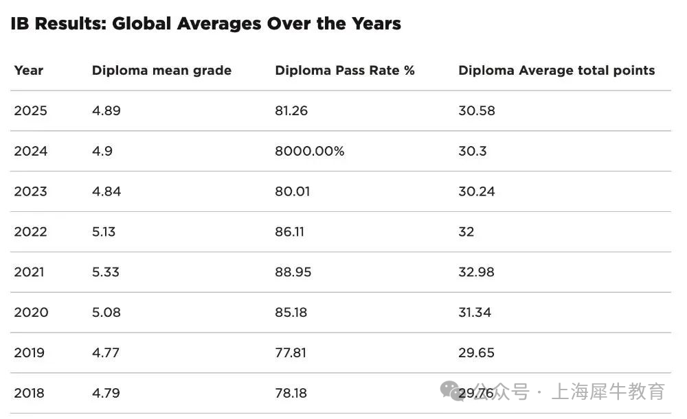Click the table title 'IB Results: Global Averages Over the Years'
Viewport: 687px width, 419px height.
205,24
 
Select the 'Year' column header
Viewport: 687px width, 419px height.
28,71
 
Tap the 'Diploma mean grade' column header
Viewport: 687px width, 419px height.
161,71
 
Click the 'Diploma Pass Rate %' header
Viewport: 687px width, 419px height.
345,71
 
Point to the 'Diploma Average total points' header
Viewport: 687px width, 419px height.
556,71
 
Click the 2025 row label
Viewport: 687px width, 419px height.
31,111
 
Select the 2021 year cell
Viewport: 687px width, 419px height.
29,272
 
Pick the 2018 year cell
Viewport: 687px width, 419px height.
30,393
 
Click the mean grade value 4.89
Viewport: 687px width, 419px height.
106,111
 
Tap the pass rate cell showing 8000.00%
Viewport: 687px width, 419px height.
309,151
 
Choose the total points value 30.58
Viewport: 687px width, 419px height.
476,111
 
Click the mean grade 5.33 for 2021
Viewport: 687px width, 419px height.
105,272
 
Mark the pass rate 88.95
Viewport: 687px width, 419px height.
293,272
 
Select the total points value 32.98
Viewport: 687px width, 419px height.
476,272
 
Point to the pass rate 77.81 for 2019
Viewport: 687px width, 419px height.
291,353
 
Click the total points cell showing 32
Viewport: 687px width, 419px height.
466,232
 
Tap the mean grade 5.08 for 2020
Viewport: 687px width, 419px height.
106,313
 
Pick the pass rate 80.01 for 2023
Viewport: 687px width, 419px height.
292,191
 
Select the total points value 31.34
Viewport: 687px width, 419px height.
475,313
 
